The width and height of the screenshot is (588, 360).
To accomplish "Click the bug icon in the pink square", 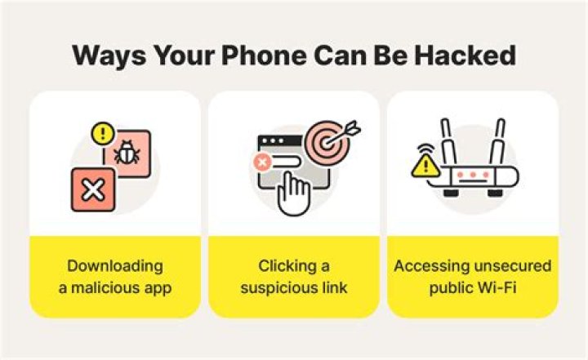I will tap(127, 153).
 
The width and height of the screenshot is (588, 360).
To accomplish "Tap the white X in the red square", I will tap(93, 191).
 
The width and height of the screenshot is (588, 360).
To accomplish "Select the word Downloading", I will tap(115, 266).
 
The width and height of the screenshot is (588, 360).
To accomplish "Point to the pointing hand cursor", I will tap(292, 193).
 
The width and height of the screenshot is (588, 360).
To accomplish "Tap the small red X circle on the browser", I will tap(263, 163).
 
